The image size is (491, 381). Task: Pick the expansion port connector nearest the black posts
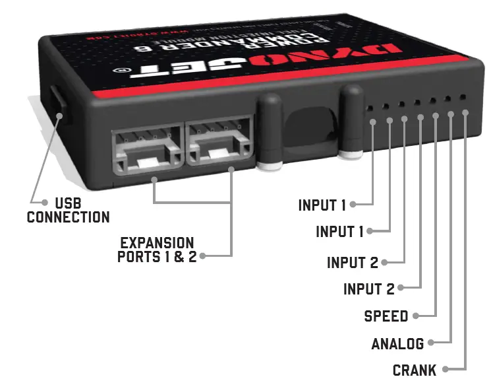click(220, 145)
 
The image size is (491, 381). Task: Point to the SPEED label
click(386, 316)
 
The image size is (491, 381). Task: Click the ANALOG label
click(397, 343)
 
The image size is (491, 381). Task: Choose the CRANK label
click(415, 370)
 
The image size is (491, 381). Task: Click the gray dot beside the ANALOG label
click(430, 343)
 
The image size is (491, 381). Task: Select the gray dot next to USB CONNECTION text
click(45, 202)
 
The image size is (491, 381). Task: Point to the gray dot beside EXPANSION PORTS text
click(202, 256)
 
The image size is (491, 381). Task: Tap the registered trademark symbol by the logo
click(121, 69)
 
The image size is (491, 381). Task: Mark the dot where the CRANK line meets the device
click(466, 112)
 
